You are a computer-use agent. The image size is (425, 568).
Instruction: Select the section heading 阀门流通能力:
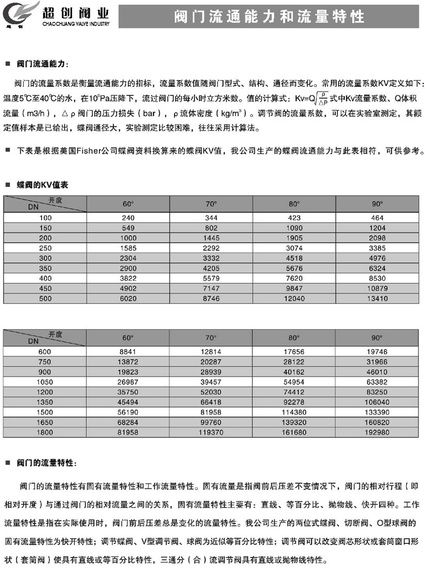pyautogui.click(x=42, y=63)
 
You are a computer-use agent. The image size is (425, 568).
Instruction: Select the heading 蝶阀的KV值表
pyautogui.click(x=42, y=185)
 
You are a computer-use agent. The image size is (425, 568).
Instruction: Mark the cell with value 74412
pyautogui.click(x=294, y=392)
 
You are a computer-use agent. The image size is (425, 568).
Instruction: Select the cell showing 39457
pyautogui.click(x=211, y=382)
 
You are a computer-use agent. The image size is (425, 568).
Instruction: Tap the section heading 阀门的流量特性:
pyautogui.click(x=46, y=463)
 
